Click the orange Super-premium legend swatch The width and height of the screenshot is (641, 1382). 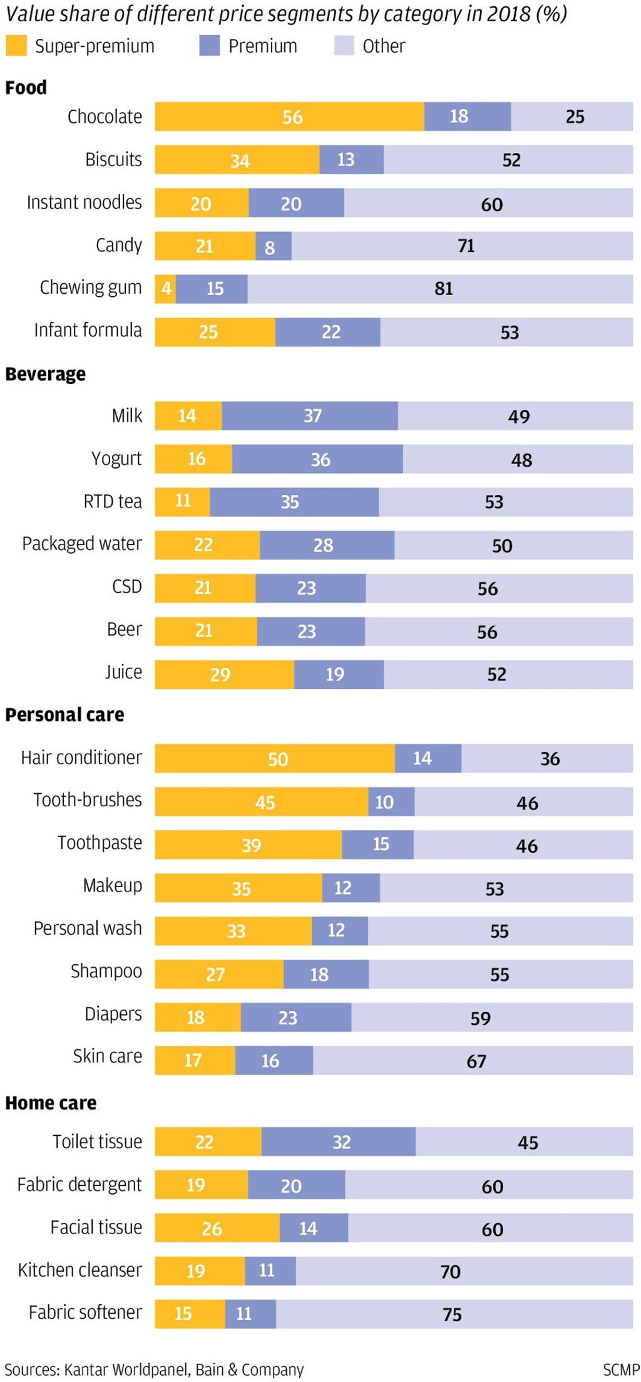coord(16,46)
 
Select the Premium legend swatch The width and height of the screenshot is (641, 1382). coord(209,46)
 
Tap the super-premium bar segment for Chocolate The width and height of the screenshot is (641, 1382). coord(289,117)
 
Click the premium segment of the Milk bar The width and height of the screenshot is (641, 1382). coord(310,416)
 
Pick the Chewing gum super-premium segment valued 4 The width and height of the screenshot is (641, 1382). coord(166,289)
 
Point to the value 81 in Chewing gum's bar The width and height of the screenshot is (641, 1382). coord(443,289)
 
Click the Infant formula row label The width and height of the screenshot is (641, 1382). coord(88,330)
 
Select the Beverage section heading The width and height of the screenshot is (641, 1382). coord(46,374)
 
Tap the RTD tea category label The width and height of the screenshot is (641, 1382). coord(113,502)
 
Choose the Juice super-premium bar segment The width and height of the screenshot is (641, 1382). coord(224,675)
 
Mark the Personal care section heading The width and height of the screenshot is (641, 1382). coord(64,715)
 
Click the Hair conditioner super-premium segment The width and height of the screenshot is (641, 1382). coord(275,759)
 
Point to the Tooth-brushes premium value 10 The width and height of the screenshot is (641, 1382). coord(384,803)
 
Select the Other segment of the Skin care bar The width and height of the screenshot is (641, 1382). coord(473,1061)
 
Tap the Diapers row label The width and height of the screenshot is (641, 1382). coord(113,1014)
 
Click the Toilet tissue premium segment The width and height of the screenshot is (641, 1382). coord(339,1142)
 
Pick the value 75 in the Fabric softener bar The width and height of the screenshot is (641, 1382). coord(452,1314)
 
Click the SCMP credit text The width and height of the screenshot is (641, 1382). coord(621,1370)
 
